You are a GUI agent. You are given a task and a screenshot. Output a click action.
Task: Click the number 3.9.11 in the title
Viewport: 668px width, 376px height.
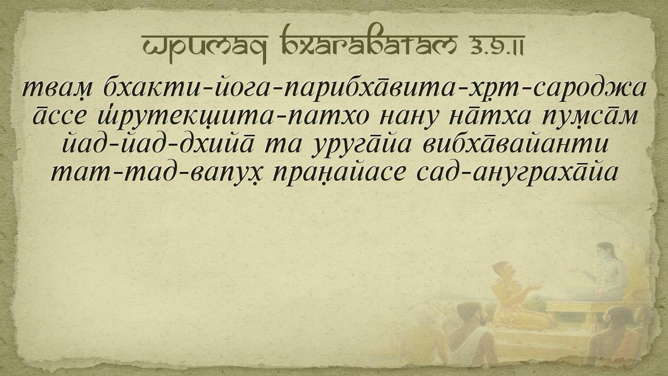coord(496,49)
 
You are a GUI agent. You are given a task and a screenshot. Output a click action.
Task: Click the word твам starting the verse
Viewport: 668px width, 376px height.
coord(58,89)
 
